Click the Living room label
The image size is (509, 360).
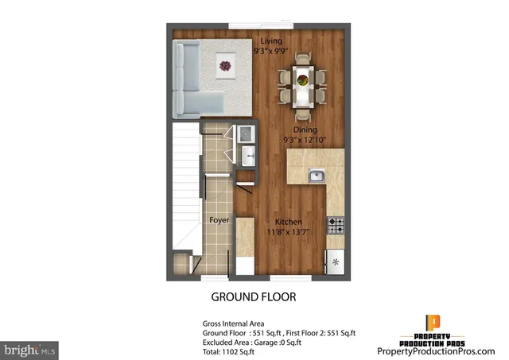[271, 41]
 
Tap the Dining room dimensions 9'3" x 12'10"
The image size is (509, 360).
[305, 140]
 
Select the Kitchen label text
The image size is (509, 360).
[288, 222]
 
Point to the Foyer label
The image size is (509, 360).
[220, 220]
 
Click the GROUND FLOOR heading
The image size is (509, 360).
[253, 298]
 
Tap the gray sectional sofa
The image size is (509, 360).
[191, 80]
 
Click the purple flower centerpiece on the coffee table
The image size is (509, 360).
[225, 67]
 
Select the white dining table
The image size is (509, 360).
[302, 83]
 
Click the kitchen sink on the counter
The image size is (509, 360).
[317, 176]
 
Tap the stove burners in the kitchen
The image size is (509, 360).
[336, 225]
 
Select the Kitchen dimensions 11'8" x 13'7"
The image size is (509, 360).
[288, 232]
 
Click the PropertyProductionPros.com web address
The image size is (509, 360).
[435, 350]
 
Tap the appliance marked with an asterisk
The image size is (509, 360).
[336, 261]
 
